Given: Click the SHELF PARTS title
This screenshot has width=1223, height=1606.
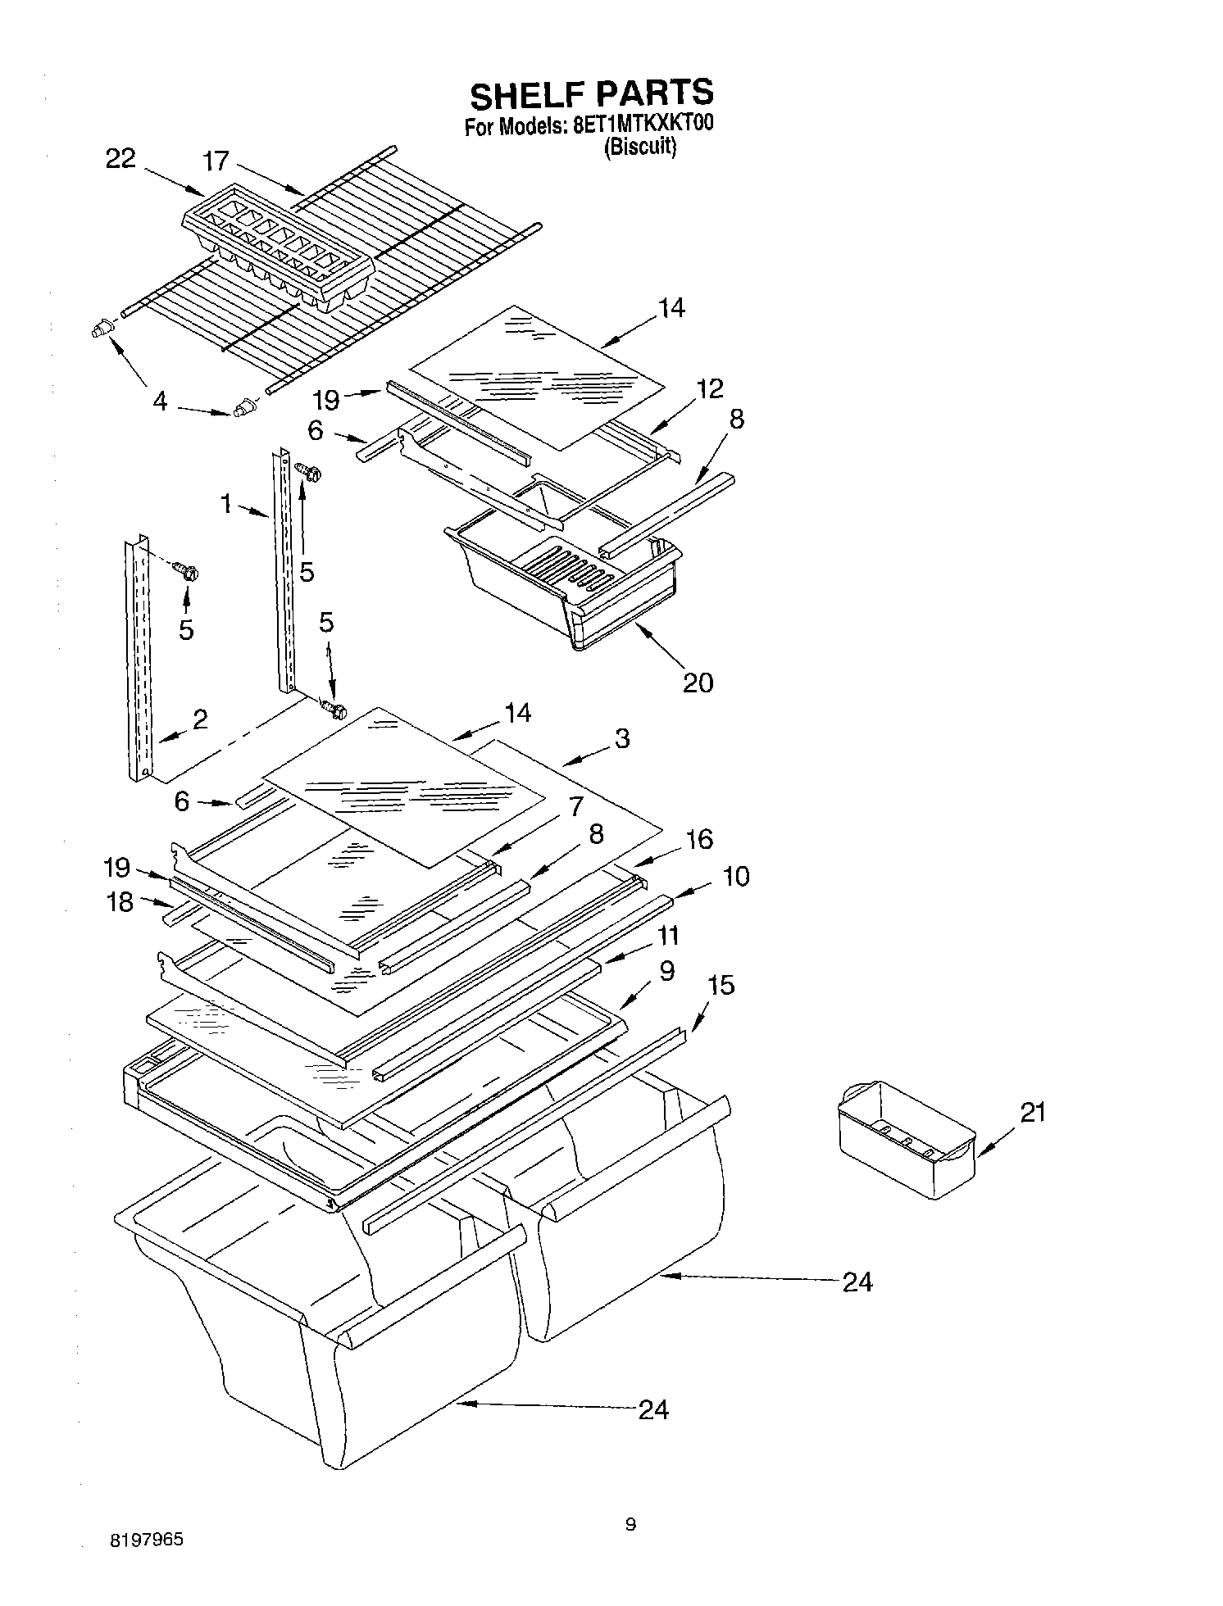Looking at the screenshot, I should pyautogui.click(x=590, y=94).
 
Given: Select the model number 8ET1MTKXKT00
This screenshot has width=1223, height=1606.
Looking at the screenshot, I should pyautogui.click(x=632, y=127).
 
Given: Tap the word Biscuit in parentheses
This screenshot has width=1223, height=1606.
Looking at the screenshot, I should pyautogui.click(x=639, y=148).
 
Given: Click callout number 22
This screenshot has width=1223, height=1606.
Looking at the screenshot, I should pyautogui.click(x=120, y=159).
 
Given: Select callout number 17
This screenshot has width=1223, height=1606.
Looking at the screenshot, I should pyautogui.click(x=216, y=161).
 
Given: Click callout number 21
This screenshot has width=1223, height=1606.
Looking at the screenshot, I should pyautogui.click(x=1033, y=1112).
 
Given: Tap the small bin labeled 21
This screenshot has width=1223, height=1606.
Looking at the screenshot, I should pyautogui.click(x=906, y=1139).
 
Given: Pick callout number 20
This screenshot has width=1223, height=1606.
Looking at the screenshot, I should pyautogui.click(x=698, y=682).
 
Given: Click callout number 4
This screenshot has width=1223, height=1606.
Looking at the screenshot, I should pyautogui.click(x=160, y=401).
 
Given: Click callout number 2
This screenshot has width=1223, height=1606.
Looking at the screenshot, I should pyautogui.click(x=199, y=719).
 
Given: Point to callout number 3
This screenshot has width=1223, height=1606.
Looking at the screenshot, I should pyautogui.click(x=622, y=738).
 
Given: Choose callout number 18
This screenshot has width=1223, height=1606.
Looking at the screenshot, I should pyautogui.click(x=120, y=902).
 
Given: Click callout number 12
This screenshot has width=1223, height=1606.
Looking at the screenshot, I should pyautogui.click(x=710, y=388).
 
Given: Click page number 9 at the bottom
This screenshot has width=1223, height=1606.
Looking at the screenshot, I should pyautogui.click(x=630, y=1524).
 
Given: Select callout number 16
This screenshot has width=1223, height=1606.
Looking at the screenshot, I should pyautogui.click(x=699, y=839).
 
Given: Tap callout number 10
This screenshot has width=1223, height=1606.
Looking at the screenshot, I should pyautogui.click(x=736, y=876).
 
